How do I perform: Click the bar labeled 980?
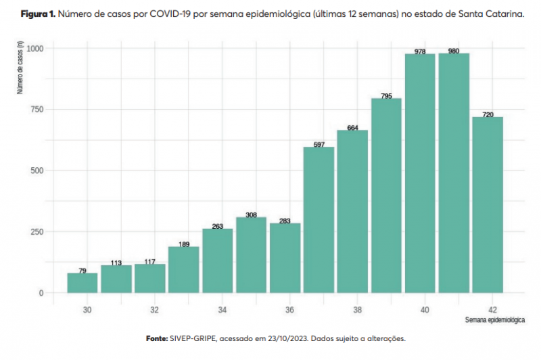pyautogui.click(x=454, y=173)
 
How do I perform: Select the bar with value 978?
pyautogui.click(x=420, y=173)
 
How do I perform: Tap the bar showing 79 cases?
pyautogui.click(x=83, y=283)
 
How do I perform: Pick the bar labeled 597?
pyautogui.click(x=319, y=220)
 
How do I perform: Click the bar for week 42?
pyautogui.click(x=488, y=205)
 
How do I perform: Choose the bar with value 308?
pyautogui.click(x=251, y=255)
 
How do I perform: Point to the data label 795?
pyautogui.click(x=386, y=96)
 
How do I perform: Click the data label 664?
pyautogui.click(x=352, y=128)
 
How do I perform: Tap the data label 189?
pyautogui.click(x=183, y=244)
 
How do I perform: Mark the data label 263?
pyautogui.click(x=217, y=226)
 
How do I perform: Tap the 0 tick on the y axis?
pyautogui.click(x=41, y=293)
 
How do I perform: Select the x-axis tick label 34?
pyautogui.click(x=222, y=310)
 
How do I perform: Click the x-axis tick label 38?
pyautogui.click(x=357, y=310)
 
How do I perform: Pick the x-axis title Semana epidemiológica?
pyautogui.click(x=495, y=319)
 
